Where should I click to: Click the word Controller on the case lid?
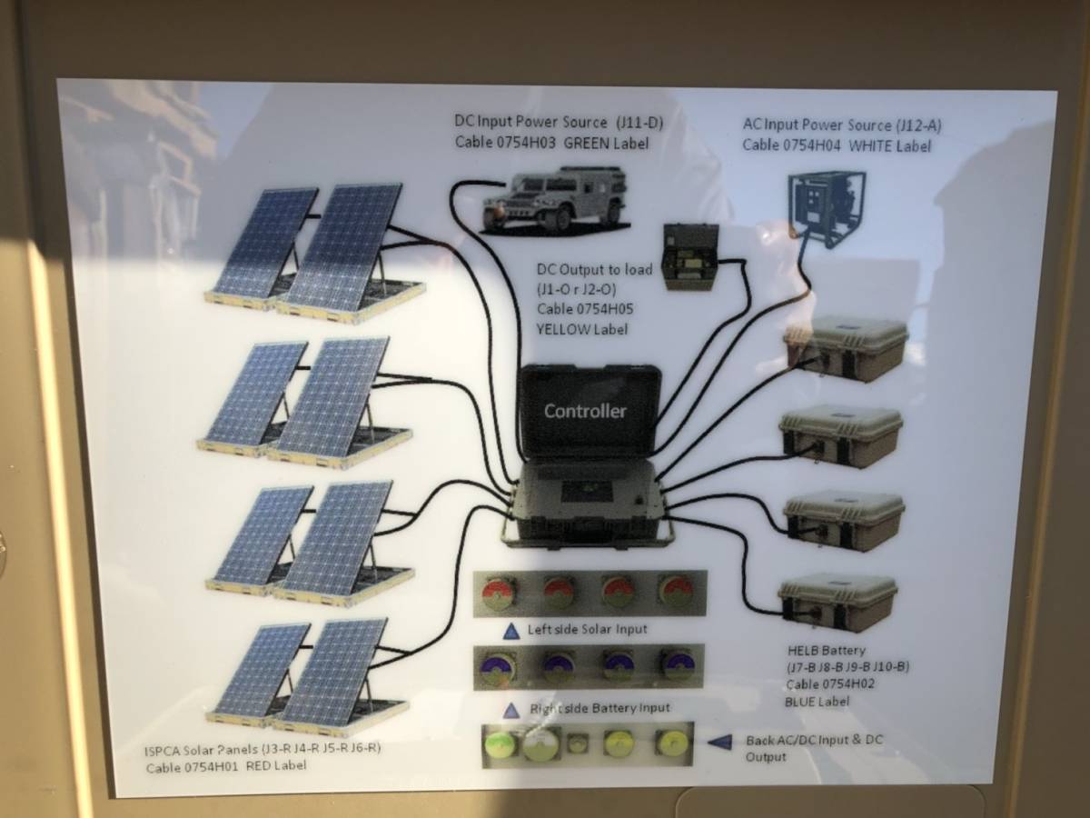tap(585, 411)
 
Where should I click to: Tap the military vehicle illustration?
tap(553, 201)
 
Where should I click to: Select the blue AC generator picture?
tap(827, 209)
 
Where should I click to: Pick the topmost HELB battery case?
tap(846, 350)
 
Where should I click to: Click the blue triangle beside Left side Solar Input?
tap(511, 632)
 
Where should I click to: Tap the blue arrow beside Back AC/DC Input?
tap(719, 742)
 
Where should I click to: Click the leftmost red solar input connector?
tap(500, 593)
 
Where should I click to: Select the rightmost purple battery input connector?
tap(676, 666)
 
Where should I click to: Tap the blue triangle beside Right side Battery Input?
tap(511, 710)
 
